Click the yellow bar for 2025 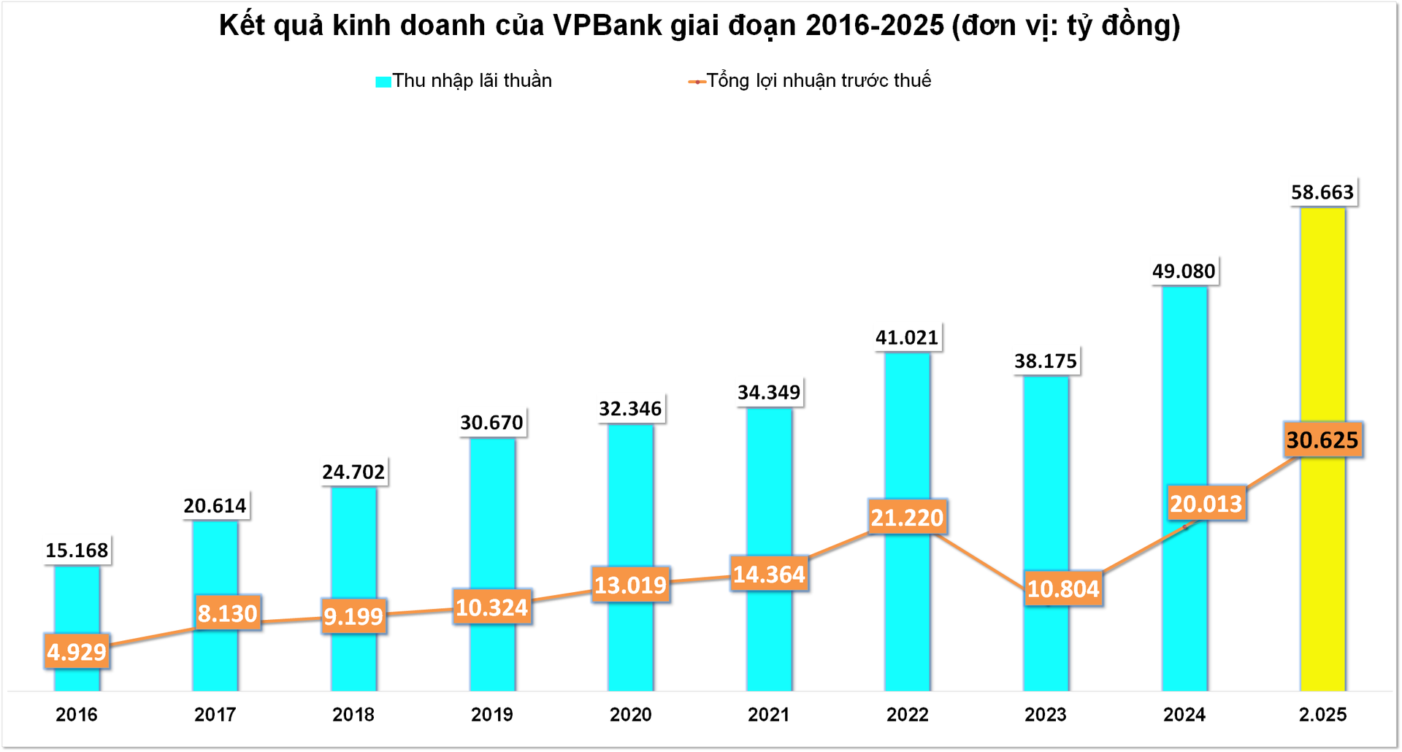point(1322,329)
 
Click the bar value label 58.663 point(1322,192)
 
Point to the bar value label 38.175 point(1046,361)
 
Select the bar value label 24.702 point(353,472)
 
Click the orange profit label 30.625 point(1322,440)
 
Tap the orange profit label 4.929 point(77,651)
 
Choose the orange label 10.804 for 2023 point(1062,588)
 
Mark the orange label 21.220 point(907,518)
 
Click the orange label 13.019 point(630,585)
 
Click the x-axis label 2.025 point(1322,714)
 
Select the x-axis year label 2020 point(630,714)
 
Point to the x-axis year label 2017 point(215,714)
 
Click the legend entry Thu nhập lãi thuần point(471,80)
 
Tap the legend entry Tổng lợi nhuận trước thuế point(818,80)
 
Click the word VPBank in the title point(608,26)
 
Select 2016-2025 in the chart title point(875,26)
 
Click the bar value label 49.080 point(1184,271)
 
